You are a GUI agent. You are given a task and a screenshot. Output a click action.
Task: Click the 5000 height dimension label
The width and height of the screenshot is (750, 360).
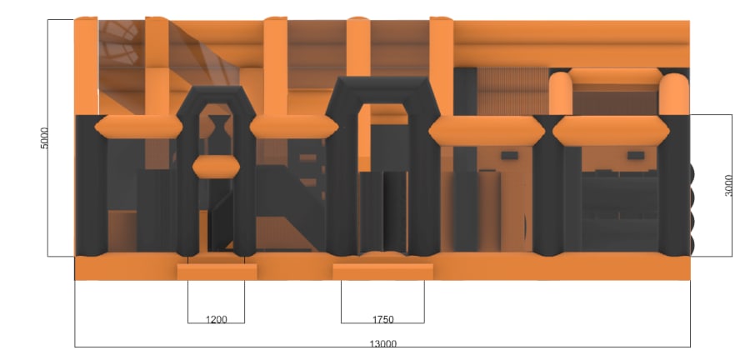tap(44, 137)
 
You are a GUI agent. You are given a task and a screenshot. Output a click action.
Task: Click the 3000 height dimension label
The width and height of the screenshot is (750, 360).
tap(728, 186)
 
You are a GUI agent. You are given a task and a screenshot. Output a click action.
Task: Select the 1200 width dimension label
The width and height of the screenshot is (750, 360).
tap(216, 319)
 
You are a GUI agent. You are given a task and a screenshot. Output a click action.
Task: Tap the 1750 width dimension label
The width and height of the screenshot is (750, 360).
tap(382, 319)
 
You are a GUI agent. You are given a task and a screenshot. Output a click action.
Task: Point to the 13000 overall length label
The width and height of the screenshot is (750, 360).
tap(382, 343)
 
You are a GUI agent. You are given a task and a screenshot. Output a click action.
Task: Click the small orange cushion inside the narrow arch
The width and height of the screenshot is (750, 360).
tap(216, 167)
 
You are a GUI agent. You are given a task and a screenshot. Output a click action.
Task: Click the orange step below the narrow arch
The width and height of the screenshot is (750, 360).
tap(217, 272)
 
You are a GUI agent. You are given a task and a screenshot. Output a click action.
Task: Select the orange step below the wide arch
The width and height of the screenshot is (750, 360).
tap(382, 271)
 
